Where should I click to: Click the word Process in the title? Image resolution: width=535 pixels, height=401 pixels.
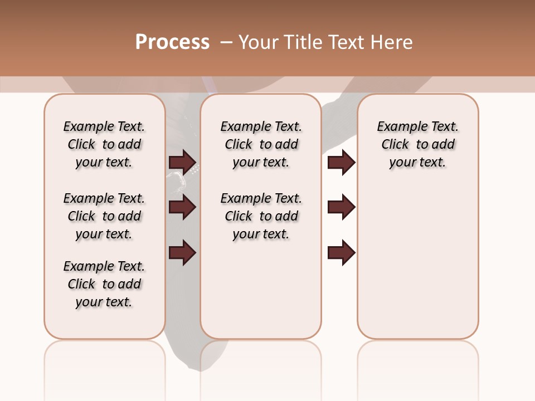coord(172,42)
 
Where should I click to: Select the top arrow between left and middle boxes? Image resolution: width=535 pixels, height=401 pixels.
coord(183,162)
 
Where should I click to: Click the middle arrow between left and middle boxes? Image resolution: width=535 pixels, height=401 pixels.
coord(183,207)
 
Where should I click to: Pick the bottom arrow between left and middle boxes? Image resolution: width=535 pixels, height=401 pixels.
coord(183,252)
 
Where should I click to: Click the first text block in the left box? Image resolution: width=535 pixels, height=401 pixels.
coord(104,144)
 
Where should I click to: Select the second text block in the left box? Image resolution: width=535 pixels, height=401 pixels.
coord(104,216)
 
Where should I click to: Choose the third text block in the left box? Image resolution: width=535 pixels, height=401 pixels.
coord(104,284)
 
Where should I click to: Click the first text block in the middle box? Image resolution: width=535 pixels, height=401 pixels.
coord(261,144)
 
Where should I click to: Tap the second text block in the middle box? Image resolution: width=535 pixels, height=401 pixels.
coord(261,216)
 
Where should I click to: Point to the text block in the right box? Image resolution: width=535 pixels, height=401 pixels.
coord(418,144)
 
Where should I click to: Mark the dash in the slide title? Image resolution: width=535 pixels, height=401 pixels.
coord(226,42)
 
